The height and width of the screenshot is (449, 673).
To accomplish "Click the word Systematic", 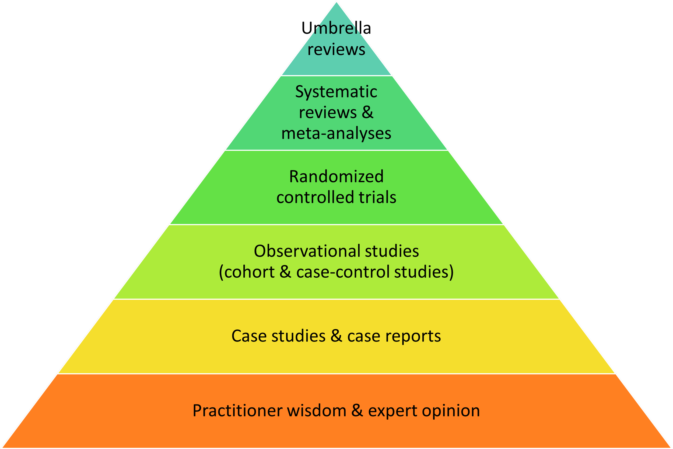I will click(336, 92).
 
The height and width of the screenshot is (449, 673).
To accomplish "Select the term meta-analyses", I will click(336, 133).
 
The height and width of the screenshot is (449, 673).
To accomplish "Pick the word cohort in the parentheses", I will click(249, 272).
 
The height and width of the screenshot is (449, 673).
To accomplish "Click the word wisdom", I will click(317, 411).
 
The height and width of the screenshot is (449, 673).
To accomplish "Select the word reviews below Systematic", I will click(328, 113).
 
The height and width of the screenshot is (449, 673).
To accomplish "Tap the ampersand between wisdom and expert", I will click(357, 411).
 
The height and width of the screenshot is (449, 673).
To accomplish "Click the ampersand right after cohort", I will click(285, 272).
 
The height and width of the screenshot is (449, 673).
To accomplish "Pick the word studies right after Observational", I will click(388, 251).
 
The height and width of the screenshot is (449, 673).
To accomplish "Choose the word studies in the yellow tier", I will click(298, 336).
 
